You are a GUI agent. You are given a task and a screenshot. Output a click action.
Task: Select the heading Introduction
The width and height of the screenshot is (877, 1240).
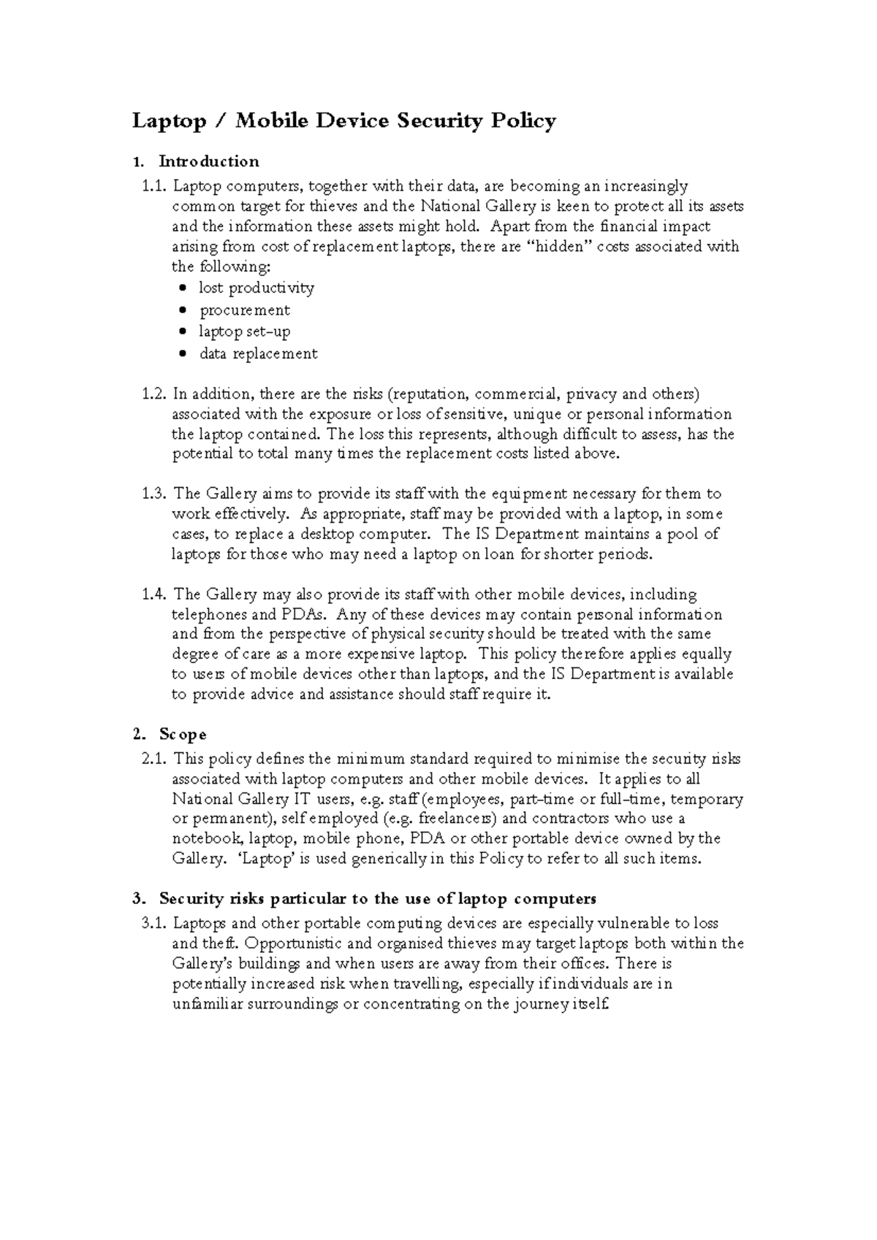pyautogui.click(x=209, y=161)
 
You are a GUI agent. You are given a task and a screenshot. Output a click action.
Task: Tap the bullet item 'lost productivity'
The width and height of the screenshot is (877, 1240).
pyautogui.click(x=257, y=288)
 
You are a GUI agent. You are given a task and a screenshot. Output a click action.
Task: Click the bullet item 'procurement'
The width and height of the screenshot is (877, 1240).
pyautogui.click(x=245, y=310)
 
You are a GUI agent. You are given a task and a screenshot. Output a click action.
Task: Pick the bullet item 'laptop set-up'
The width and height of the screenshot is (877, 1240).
pyautogui.click(x=245, y=332)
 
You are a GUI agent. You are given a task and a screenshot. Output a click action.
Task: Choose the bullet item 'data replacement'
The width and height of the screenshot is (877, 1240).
pyautogui.click(x=259, y=353)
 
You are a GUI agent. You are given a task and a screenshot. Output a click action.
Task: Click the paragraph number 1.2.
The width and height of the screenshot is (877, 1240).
pyautogui.click(x=154, y=394)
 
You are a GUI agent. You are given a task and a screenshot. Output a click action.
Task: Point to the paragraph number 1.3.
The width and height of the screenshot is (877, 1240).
pyautogui.click(x=154, y=494)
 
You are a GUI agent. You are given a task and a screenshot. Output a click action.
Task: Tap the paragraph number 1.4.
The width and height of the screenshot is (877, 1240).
pyautogui.click(x=154, y=594)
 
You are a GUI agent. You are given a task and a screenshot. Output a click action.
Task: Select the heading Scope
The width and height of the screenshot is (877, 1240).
pyautogui.click(x=183, y=734)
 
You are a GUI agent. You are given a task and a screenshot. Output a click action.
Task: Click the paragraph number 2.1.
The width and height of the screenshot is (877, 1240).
pyautogui.click(x=154, y=759)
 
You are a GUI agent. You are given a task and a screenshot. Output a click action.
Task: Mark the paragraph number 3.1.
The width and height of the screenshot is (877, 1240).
pyautogui.click(x=154, y=924)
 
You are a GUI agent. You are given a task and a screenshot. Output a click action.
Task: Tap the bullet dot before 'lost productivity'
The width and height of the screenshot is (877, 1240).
pyautogui.click(x=183, y=288)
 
